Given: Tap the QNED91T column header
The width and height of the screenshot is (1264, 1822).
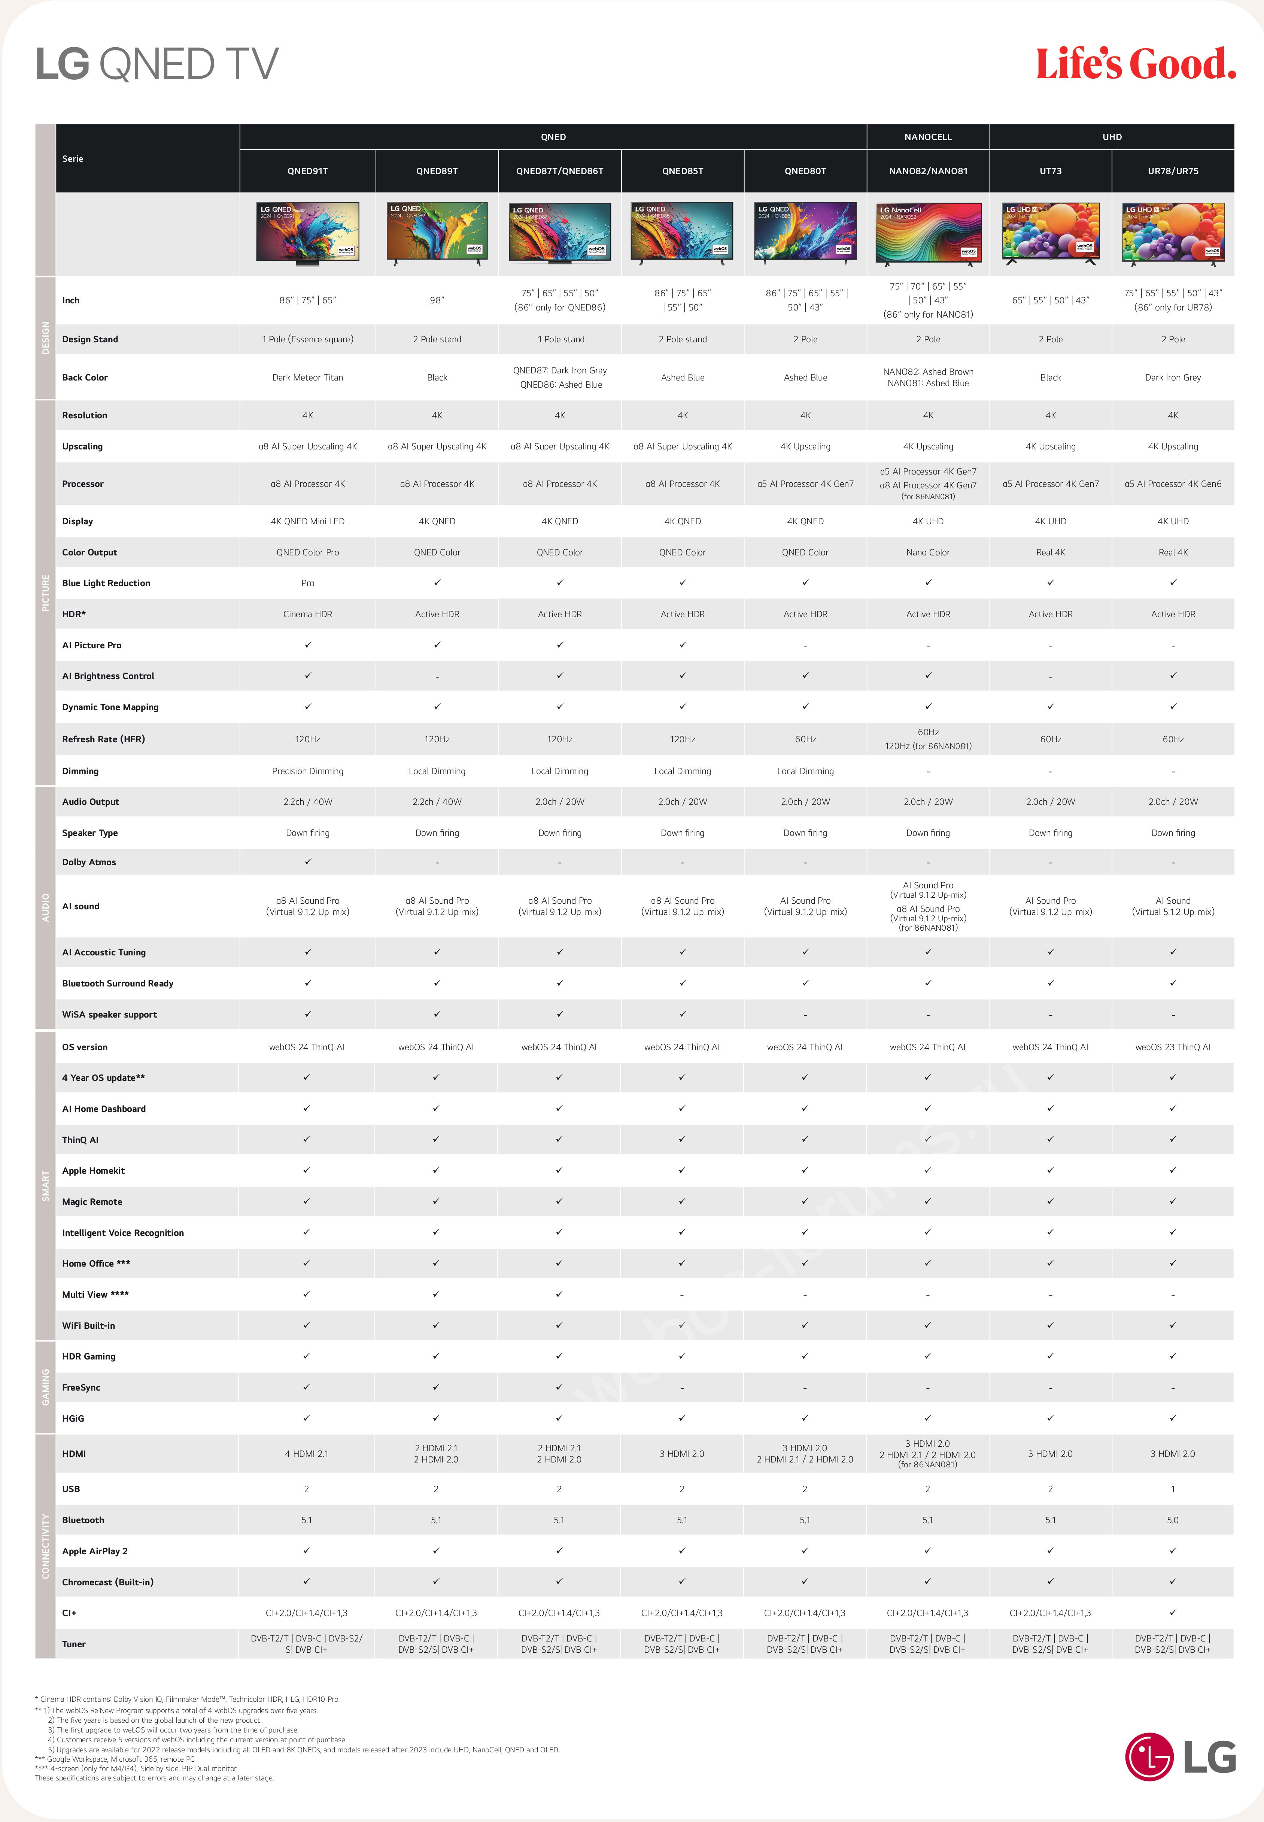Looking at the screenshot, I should click(x=307, y=171).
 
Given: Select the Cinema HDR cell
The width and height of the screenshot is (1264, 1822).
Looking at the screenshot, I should click(x=307, y=614).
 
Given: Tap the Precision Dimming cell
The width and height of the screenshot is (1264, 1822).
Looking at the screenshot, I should click(x=307, y=771).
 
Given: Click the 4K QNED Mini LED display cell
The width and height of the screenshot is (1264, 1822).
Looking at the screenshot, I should click(x=307, y=521).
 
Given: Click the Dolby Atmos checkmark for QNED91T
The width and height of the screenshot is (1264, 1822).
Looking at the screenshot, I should click(x=307, y=862).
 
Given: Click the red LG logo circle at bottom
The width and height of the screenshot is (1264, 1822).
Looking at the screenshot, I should click(x=1148, y=1756).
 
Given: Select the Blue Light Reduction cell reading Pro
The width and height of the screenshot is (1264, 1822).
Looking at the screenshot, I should click(x=307, y=583).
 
